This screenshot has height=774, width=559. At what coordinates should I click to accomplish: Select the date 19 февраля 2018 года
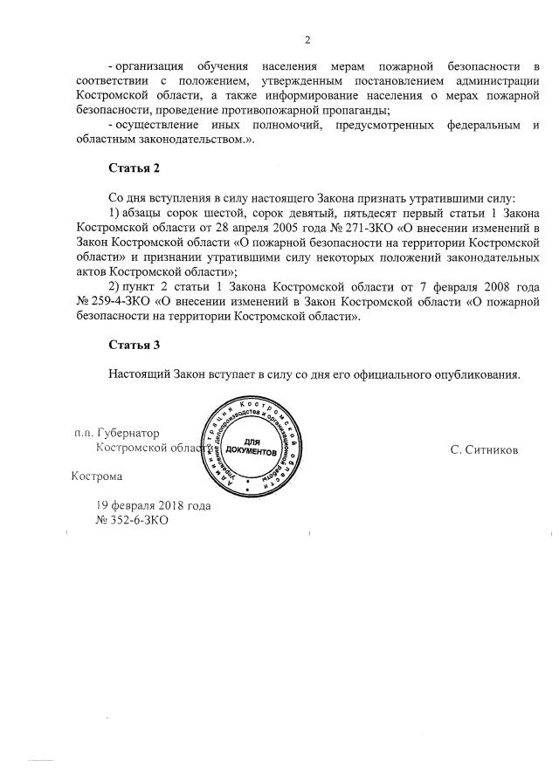(x=154, y=505)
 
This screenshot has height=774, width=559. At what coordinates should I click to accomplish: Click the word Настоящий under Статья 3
(x=138, y=375)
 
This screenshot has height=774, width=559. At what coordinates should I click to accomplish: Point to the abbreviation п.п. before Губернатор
(x=83, y=432)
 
